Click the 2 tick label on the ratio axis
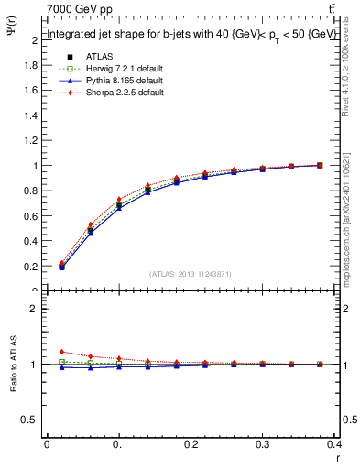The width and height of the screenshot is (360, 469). (x=35, y=309)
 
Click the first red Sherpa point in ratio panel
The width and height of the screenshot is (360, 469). (x=61, y=352)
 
